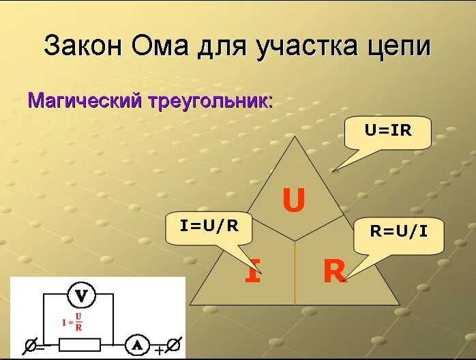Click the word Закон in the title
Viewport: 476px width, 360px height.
pyautogui.click(x=84, y=46)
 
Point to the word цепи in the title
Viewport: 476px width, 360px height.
pyautogui.click(x=399, y=47)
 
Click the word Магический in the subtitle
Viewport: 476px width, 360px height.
pyautogui.click(x=83, y=102)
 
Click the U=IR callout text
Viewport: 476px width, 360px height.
pyautogui.click(x=388, y=130)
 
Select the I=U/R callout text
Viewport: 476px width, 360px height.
pyautogui.click(x=209, y=226)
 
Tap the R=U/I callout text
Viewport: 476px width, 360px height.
pyautogui.click(x=399, y=230)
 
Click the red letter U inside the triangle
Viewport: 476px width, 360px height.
pyautogui.click(x=293, y=200)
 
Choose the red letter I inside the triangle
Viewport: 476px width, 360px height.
pyautogui.click(x=252, y=273)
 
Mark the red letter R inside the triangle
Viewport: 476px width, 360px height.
pyautogui.click(x=334, y=273)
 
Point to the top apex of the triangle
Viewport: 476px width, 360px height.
pyautogui.click(x=295, y=137)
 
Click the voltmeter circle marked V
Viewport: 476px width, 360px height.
pyautogui.click(x=81, y=295)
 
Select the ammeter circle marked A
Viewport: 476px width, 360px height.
pyautogui.click(x=136, y=344)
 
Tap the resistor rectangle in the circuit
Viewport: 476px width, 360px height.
pyautogui.click(x=80, y=344)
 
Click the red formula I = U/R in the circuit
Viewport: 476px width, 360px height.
pyautogui.click(x=73, y=321)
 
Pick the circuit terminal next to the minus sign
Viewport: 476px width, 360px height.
pyautogui.click(x=29, y=345)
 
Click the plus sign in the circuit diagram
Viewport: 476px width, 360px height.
pyautogui.click(x=159, y=350)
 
